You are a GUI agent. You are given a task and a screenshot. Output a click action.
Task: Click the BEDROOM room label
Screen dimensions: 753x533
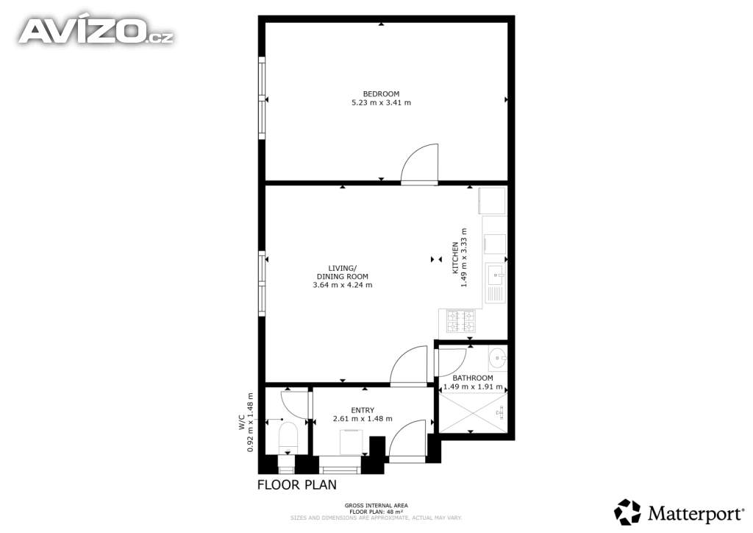pos(381,93)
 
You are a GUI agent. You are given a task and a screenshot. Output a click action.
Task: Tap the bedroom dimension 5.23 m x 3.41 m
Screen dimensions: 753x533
pos(382,102)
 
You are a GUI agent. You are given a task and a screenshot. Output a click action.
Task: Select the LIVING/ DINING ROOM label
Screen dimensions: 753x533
pos(343,272)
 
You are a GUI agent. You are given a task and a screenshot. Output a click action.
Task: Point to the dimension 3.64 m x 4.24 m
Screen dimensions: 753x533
pos(343,284)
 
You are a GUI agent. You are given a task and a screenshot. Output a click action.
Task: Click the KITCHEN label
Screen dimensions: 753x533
pos(455,258)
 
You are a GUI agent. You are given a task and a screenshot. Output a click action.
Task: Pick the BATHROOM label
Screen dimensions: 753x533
pos(473,378)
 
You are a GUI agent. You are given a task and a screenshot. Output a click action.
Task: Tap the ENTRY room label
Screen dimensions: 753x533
pos(363,410)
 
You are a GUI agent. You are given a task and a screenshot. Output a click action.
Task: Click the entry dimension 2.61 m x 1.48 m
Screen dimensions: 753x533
pos(363,419)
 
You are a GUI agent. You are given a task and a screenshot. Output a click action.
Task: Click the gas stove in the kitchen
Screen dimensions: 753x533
pos(460,321)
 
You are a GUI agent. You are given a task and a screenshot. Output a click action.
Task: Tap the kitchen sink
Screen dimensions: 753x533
pos(495,283)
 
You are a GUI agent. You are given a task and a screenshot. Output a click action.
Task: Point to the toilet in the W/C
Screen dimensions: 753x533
pos(288,438)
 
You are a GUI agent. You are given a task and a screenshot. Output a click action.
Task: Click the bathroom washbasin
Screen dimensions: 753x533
pos(498,358)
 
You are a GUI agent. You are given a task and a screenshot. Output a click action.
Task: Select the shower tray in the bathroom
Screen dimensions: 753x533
pos(473,412)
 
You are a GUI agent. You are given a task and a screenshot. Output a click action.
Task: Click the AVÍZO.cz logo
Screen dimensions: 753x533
pos(96,31)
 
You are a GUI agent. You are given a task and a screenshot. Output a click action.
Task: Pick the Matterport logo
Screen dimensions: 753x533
pos(679,512)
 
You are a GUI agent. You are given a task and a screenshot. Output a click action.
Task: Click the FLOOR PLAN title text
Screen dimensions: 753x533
pos(297,484)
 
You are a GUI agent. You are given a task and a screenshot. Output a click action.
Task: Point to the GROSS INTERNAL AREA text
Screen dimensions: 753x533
pos(376,506)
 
